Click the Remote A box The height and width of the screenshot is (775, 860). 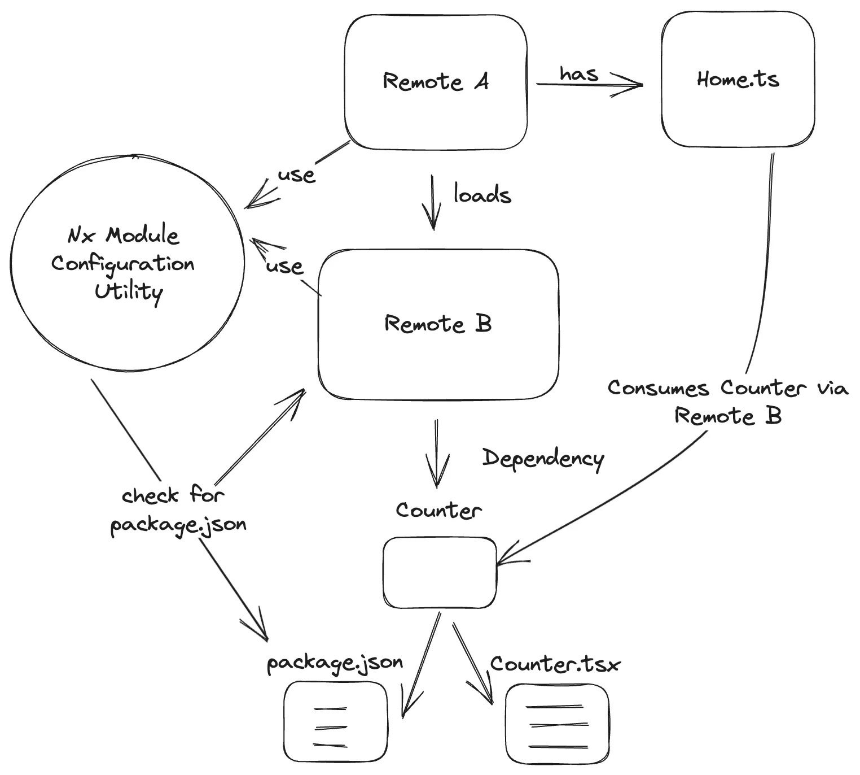pos(436,82)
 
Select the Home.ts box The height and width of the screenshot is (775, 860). pos(738,80)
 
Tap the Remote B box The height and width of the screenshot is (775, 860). pos(438,324)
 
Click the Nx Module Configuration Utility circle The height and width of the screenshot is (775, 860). pos(128,263)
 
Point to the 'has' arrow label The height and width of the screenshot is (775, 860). pos(578,73)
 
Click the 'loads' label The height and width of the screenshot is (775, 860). pos(482,195)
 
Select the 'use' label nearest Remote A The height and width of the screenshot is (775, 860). pos(296,175)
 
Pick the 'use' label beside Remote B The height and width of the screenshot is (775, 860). pos(284,265)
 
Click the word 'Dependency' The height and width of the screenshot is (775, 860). pos(543,458)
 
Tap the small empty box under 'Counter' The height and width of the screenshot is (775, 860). pos(440,572)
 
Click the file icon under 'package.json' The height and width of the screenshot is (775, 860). pos(336,722)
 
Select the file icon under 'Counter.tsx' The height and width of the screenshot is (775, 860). pos(557,724)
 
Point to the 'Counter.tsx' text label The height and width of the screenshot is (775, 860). pos(555,664)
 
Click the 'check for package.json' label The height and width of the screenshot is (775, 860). pos(178,510)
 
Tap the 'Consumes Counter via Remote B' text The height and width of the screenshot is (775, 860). pos(728,402)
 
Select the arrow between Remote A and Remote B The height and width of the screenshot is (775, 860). pos(433,202)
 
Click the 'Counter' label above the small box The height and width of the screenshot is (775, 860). pos(438,511)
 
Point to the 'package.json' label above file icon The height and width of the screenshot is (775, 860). pos(335,663)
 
